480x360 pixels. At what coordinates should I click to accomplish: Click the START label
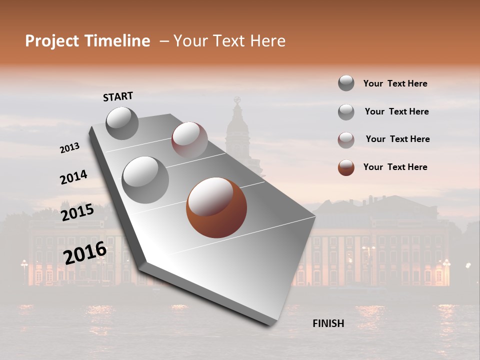(x=118, y=96)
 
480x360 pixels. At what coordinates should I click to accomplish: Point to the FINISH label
(x=328, y=323)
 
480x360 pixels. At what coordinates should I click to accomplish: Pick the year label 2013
(x=70, y=148)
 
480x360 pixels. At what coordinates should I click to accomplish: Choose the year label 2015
(x=77, y=212)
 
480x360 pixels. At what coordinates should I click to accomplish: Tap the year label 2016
(x=85, y=252)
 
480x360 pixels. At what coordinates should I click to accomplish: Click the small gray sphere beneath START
(x=122, y=123)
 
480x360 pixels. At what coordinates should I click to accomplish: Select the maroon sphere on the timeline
(x=189, y=139)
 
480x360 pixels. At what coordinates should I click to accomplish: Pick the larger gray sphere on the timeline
(x=145, y=179)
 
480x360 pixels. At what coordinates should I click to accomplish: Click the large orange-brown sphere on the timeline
(x=216, y=208)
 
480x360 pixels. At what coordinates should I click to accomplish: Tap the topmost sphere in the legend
(x=346, y=83)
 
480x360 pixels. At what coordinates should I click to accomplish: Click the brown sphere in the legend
(x=346, y=167)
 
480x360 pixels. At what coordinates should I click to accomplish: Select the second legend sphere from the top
(x=346, y=112)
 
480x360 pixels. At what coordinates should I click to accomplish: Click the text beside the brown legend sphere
(x=395, y=167)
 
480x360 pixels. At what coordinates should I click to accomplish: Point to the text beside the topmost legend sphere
(x=395, y=83)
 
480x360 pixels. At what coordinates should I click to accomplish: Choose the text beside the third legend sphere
(x=397, y=139)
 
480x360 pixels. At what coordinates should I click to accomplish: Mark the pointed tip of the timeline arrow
(x=270, y=325)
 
